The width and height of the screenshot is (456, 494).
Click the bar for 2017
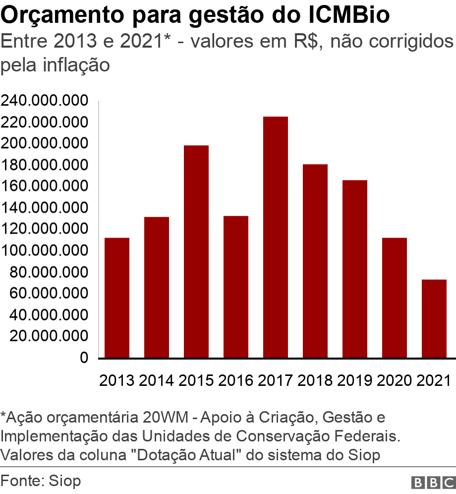(276, 237)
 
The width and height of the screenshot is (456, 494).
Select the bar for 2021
(434, 318)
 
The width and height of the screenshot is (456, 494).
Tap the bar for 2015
(196, 251)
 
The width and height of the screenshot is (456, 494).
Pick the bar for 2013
(117, 298)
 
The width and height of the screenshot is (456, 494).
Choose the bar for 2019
(355, 269)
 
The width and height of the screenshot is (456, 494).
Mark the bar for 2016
(236, 287)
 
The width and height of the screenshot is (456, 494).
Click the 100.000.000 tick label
(45, 251)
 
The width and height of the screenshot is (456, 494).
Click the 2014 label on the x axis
(157, 380)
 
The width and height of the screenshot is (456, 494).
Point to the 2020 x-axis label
(395, 380)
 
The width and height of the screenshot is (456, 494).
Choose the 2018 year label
(315, 380)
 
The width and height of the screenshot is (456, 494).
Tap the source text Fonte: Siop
(41, 481)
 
